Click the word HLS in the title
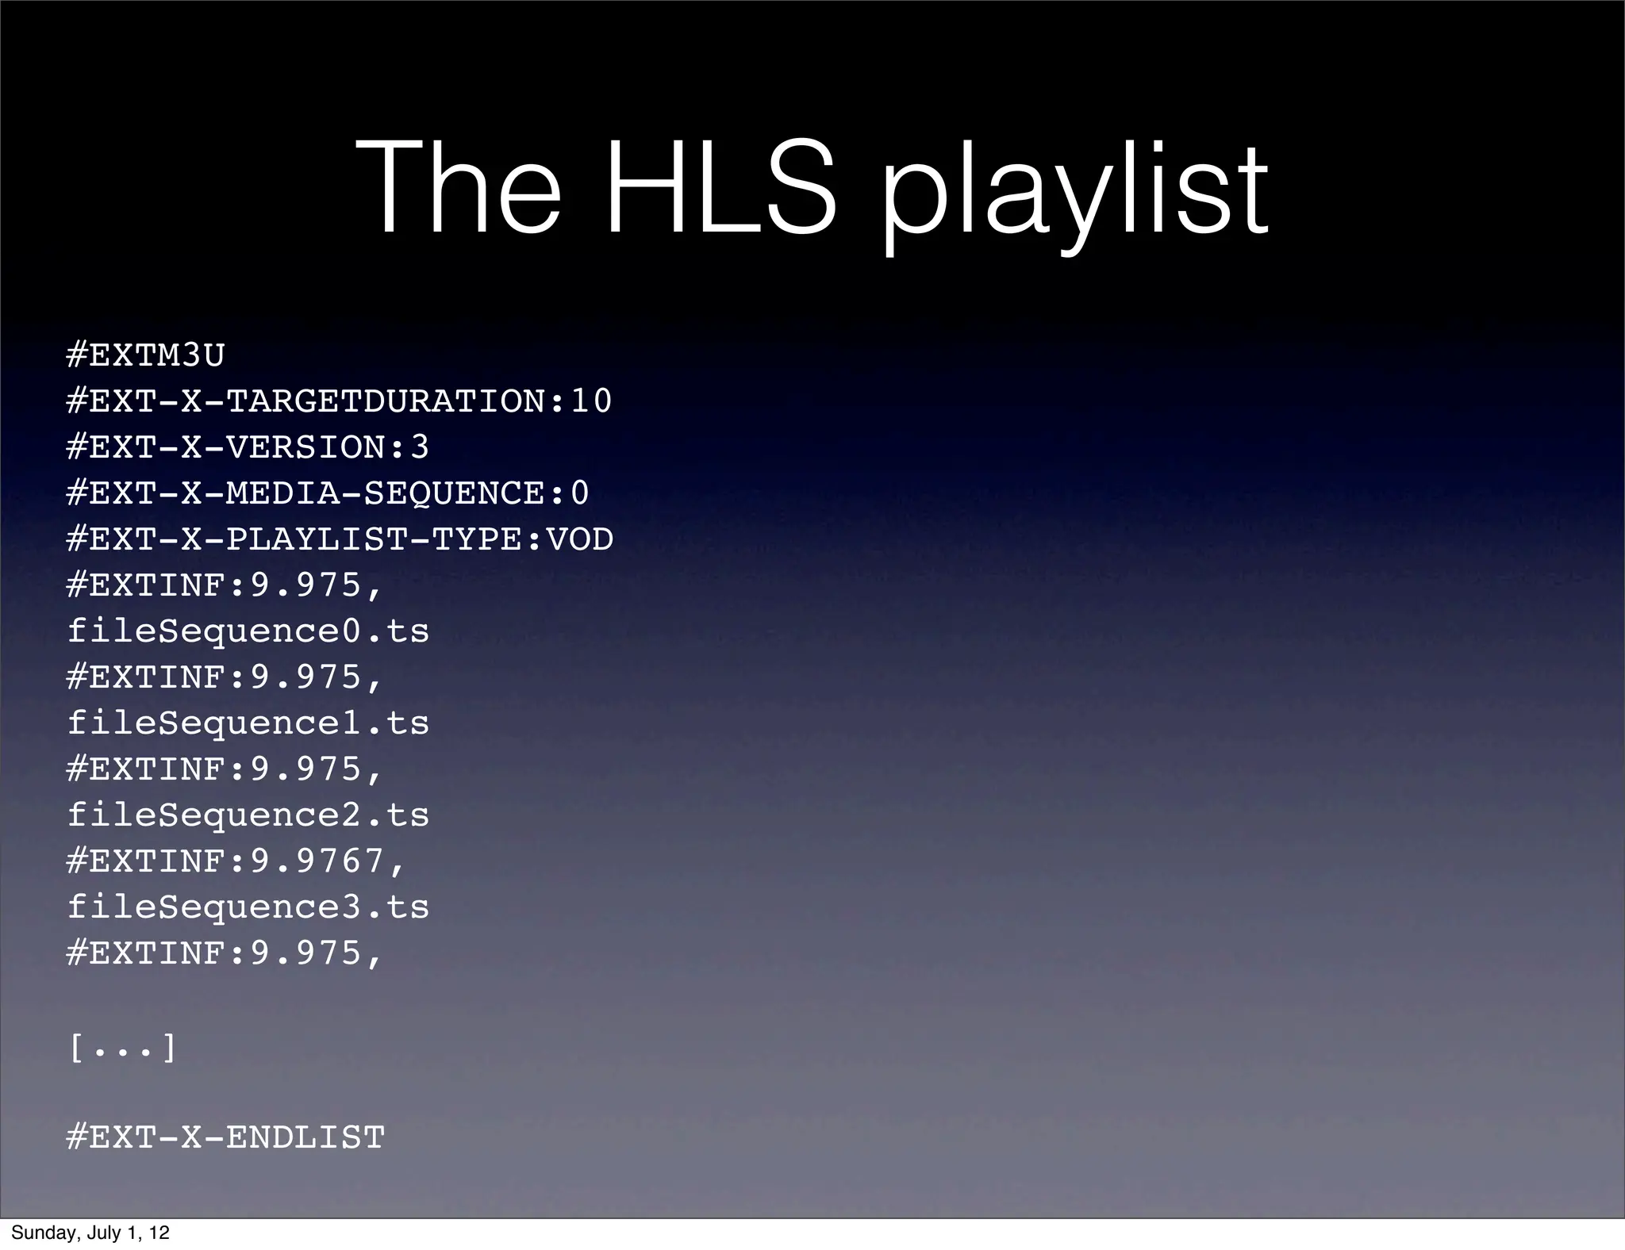(720, 189)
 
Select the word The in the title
(459, 189)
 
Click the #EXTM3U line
(146, 355)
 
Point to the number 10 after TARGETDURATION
(591, 401)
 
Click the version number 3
(420, 447)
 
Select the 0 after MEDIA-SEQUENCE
(580, 493)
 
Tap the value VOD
(580, 539)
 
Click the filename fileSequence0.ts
(248, 631)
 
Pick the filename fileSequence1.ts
(248, 723)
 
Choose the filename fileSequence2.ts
(248, 815)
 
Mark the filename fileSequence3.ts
(248, 907)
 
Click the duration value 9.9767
(317, 861)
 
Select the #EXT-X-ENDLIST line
(226, 1137)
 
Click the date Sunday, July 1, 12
(90, 1233)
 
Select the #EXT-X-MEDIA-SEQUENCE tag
(305, 493)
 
